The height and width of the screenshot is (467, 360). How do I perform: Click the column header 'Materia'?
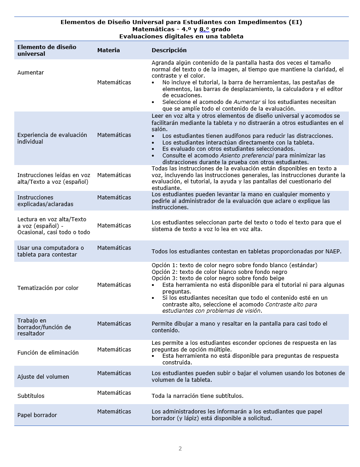pos(108,50)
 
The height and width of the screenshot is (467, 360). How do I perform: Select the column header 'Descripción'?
pos(169,50)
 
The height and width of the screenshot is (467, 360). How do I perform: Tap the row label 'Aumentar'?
pos(30,73)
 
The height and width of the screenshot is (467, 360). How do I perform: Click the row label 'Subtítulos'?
pos(31,396)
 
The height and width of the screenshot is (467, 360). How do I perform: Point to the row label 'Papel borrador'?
pos(37,415)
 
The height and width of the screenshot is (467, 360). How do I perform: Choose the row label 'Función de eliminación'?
pos(48,353)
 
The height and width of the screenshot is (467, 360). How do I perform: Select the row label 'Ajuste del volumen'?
pos(43,377)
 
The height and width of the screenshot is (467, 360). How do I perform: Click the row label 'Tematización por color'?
pos(48,288)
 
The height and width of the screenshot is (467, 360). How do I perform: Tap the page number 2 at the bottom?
pos(180,449)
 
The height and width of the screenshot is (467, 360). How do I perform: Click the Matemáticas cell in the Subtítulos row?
pos(114,393)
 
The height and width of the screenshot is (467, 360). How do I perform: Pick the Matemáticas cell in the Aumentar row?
pos(114,83)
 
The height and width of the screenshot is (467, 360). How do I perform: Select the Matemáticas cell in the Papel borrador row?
pos(114,412)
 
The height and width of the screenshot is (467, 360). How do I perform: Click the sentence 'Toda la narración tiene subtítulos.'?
pos(197,396)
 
